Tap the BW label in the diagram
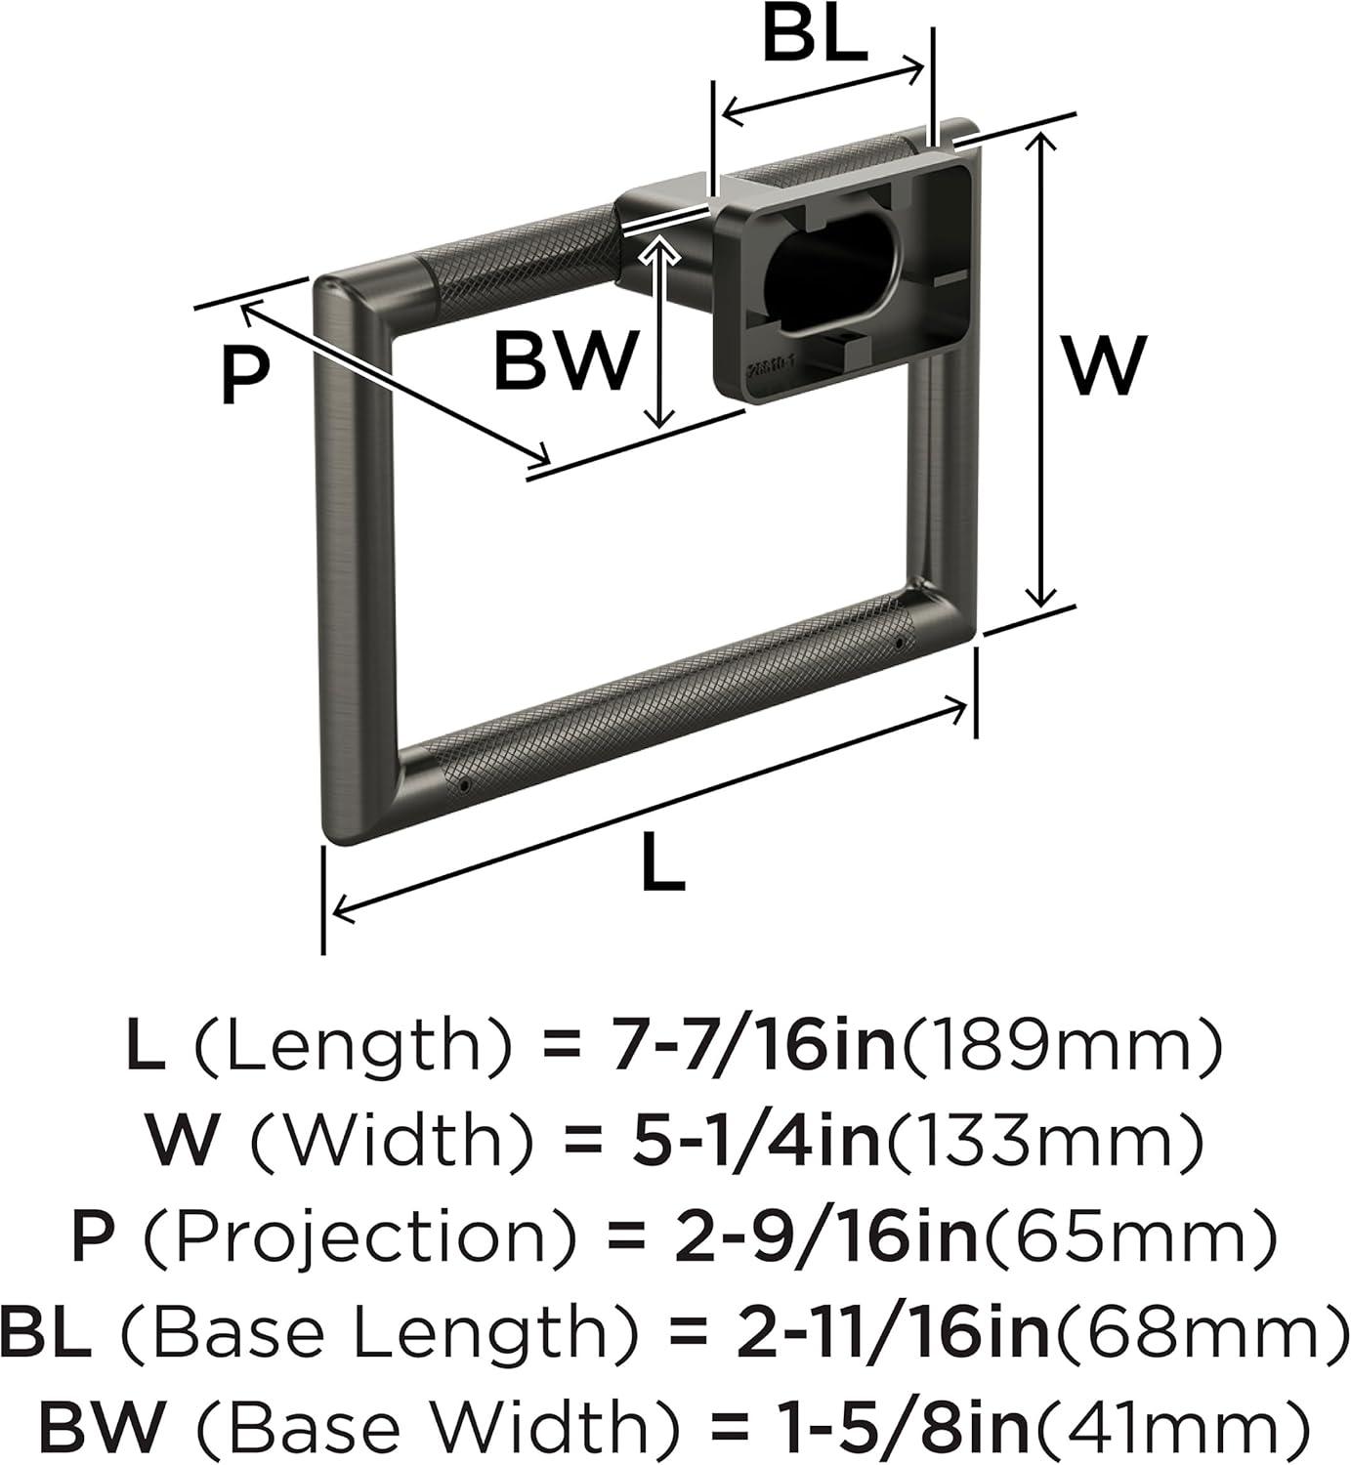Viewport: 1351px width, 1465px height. (565, 361)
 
